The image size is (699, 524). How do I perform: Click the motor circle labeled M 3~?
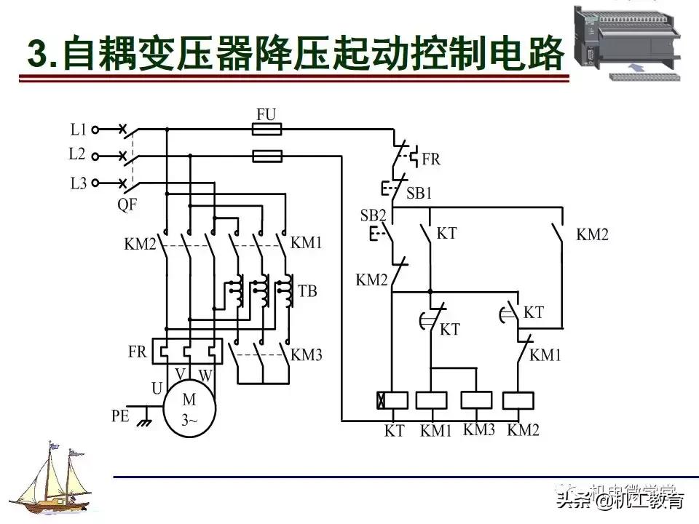coord(189,409)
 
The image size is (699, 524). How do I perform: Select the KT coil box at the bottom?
coord(392,400)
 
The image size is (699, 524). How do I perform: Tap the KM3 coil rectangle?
coord(476,400)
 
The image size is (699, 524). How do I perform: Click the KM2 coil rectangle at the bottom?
coord(519,400)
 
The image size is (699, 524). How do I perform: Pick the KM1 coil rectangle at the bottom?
coord(432,400)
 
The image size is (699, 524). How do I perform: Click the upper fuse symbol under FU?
coord(266,130)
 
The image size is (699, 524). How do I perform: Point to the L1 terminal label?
coord(79,130)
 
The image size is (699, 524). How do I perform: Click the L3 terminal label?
coord(79,183)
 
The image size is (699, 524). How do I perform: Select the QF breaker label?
coord(127,205)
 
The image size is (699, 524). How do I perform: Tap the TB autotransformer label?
coord(307,291)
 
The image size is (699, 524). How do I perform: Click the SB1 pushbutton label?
coord(419,194)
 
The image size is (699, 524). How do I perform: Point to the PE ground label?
coord(121,416)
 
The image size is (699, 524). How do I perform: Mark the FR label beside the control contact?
coord(431,159)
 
